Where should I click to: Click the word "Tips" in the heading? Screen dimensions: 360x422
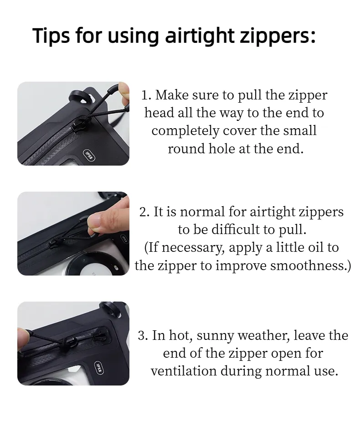[51, 36]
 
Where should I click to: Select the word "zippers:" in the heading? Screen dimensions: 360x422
[278, 36]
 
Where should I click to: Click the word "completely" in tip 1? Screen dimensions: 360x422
[185, 131]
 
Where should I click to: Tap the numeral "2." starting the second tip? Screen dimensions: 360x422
[144, 212]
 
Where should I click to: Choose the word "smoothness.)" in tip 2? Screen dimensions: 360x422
[310, 266]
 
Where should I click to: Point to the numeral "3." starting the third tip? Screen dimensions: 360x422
[143, 336]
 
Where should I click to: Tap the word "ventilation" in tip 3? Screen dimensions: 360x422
[184, 371]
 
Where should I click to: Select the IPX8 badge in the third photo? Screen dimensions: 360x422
[99, 368]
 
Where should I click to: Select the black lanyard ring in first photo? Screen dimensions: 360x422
[80, 97]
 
